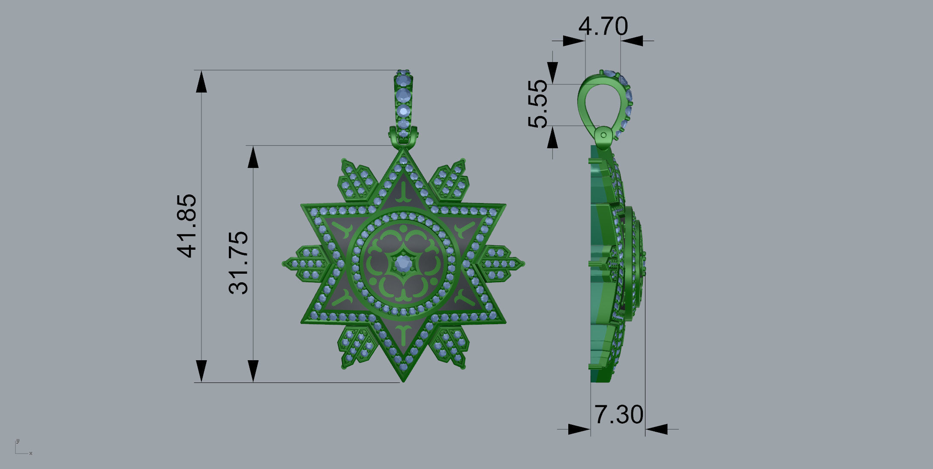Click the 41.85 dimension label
click(187, 226)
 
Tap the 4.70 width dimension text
click(603, 27)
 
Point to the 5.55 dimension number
click(538, 104)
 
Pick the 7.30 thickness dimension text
click(618, 415)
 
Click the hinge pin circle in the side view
click(603, 135)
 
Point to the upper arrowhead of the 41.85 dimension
click(201, 82)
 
